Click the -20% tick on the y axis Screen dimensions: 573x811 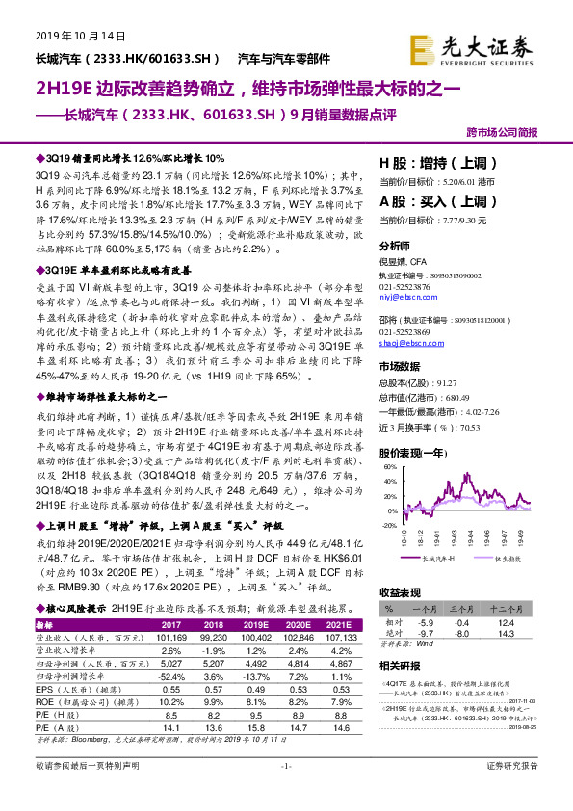pyautogui.click(x=387, y=526)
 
